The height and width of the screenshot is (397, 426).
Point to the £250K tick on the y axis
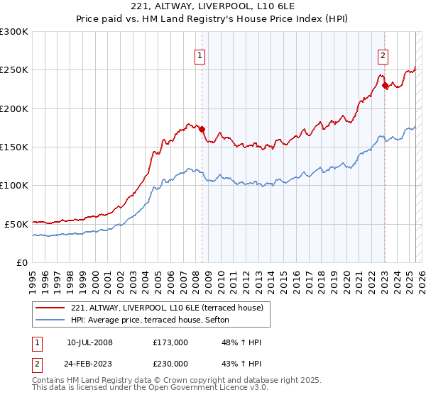point(14,70)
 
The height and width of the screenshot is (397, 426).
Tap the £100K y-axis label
point(14,185)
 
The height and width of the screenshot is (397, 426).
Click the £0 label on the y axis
point(22,262)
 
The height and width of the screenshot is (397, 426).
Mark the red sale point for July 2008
point(202,130)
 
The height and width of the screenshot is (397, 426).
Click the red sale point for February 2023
point(386,86)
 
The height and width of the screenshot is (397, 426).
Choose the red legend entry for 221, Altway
point(167,308)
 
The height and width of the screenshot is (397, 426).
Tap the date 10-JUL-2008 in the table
point(89,342)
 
